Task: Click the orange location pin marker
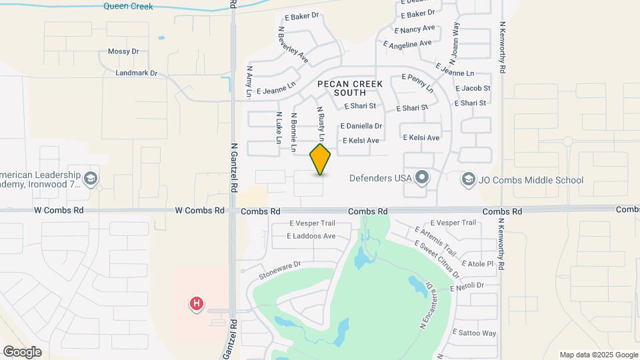tap(321, 159)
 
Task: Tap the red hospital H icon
tap(197, 304)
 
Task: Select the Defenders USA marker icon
tap(421, 178)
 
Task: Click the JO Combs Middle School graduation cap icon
tap(469, 179)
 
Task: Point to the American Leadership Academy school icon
tap(91, 178)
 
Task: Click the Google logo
tap(22, 351)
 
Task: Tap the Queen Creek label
tap(128, 7)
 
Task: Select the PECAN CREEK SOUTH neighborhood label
tap(350, 88)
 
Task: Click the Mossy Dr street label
tap(123, 51)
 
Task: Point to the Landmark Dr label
tap(136, 73)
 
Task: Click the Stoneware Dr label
tap(280, 265)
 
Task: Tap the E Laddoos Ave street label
tap(311, 236)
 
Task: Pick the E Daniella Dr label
tap(361, 126)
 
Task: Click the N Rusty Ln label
tap(321, 123)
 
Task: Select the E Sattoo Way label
tap(475, 333)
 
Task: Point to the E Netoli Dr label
tap(470, 286)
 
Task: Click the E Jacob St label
tap(473, 88)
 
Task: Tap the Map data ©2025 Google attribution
tap(598, 355)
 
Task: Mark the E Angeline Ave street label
tap(409, 44)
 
